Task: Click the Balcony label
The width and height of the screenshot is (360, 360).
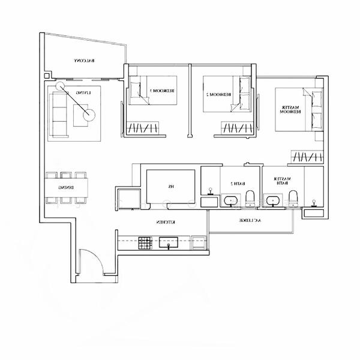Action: (86, 61)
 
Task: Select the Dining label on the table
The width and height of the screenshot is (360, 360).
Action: (66, 187)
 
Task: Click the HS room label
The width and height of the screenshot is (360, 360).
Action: (171, 187)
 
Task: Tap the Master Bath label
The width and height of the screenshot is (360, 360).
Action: (281, 182)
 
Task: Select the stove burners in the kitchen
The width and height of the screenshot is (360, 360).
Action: (145, 243)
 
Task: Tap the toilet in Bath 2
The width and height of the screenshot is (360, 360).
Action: (251, 199)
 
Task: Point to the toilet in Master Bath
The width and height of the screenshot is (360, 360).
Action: (293, 198)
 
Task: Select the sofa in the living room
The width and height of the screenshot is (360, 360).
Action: (59, 113)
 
